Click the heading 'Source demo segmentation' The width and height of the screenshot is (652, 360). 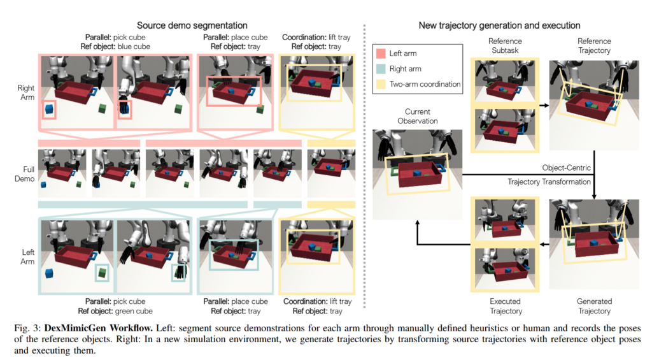192,25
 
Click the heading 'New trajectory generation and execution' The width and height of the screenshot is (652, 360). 499,25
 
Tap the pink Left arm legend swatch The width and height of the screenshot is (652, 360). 381,54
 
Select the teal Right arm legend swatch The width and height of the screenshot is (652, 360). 381,69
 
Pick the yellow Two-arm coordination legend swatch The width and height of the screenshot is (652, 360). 381,84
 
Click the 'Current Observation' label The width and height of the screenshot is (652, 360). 418,116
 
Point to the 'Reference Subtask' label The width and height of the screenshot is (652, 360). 505,46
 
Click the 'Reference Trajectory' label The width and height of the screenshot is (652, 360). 594,46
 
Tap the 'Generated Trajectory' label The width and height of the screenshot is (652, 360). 594,306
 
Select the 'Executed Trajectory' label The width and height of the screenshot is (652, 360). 505,306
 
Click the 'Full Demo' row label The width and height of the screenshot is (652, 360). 25,174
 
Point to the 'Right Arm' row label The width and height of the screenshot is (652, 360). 25,92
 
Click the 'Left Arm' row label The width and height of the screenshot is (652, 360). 28,257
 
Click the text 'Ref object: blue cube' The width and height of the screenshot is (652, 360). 115,47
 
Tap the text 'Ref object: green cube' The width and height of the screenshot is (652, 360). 115,311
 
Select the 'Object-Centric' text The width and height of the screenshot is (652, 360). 566,168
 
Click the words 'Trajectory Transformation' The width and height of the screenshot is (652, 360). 549,182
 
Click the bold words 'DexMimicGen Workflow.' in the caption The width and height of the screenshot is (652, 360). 99,328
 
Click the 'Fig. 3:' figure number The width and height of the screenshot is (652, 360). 27,328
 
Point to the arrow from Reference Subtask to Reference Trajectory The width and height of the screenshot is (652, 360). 544,105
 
